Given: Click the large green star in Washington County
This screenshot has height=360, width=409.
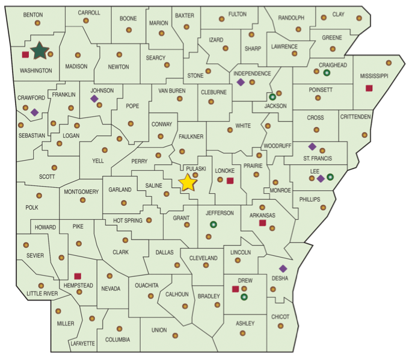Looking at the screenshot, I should pos(40,51).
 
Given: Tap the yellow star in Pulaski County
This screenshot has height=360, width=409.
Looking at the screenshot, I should pos(188,182).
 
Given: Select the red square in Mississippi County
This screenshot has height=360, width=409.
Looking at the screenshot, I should pos(369,88).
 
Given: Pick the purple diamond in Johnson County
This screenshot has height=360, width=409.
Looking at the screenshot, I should pos(94,98).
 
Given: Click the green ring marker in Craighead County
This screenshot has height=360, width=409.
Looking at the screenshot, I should pos(327,73).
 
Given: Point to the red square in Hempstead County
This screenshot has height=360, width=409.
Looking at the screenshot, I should pos(78,276).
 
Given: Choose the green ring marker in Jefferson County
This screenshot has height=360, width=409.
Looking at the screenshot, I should pos(213,225).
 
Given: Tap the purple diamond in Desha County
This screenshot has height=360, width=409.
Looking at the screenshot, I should pos(283,268).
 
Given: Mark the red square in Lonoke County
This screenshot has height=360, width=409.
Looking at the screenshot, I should pos(230,180).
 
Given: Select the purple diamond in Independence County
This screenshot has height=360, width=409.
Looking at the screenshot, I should pos(240,82).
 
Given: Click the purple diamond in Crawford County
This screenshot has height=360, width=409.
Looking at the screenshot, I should pos(34,112).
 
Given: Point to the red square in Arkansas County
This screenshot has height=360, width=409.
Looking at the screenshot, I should pos(262,223).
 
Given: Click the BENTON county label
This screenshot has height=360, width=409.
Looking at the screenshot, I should pos(33,14).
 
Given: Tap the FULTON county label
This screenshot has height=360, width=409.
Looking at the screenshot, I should pos(238,14).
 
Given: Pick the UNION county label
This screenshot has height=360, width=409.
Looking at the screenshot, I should pos(159,330).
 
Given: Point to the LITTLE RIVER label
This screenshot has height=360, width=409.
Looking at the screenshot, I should pos(42,294).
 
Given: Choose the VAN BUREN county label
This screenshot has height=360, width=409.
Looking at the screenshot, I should pos(171,91).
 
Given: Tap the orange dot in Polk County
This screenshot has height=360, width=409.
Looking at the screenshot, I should pos(40,196).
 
